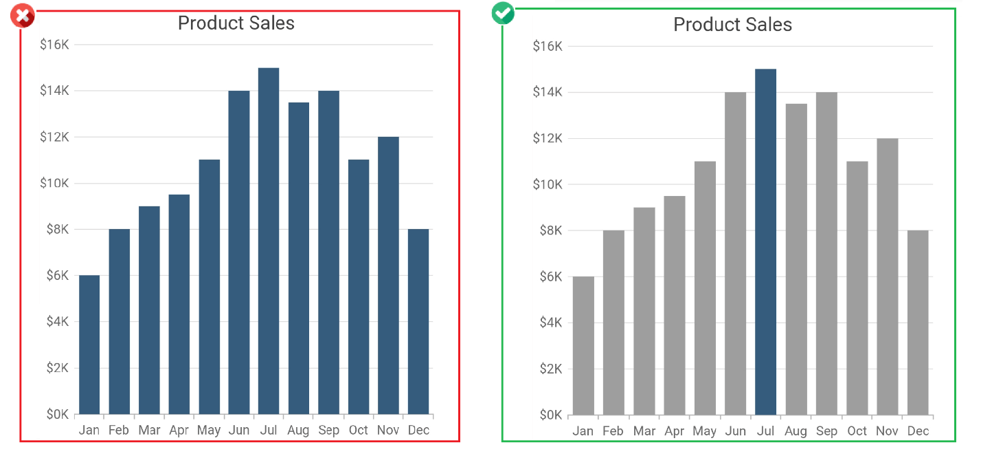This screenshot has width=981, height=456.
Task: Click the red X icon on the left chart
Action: coord(23,16)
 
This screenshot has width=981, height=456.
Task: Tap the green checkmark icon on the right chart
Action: coord(504,13)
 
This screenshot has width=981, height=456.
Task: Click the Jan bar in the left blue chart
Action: coord(89,345)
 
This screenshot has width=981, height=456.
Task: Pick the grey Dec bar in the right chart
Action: coord(918,323)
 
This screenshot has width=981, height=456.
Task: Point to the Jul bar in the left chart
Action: coord(269,241)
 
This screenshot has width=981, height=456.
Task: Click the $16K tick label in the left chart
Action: coord(54,45)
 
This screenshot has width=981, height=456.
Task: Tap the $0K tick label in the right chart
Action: coord(548,415)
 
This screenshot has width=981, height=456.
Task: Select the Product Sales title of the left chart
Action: coord(236,23)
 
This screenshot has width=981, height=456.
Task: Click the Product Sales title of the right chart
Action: coord(732,25)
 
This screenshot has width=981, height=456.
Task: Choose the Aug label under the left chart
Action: coord(298,431)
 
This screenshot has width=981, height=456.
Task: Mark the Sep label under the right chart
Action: coord(826,431)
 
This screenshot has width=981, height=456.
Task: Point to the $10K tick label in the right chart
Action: coord(548,184)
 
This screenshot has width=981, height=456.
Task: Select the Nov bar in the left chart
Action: coord(388,275)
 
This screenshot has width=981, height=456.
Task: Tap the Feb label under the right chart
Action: coord(613,431)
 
